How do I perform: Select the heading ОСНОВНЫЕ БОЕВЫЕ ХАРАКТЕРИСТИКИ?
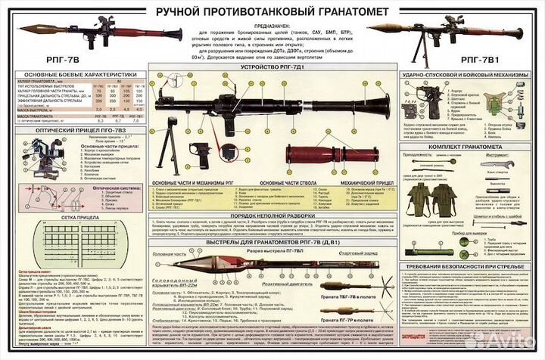tap(77, 75)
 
